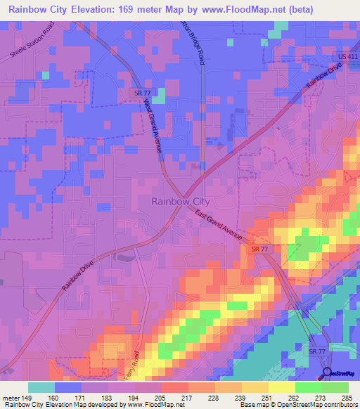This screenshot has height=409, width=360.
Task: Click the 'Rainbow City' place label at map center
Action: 180,201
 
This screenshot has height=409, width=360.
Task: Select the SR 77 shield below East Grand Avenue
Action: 260,249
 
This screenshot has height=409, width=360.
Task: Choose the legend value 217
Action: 186,396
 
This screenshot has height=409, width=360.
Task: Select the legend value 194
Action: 134,396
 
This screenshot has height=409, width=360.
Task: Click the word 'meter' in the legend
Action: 10,396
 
